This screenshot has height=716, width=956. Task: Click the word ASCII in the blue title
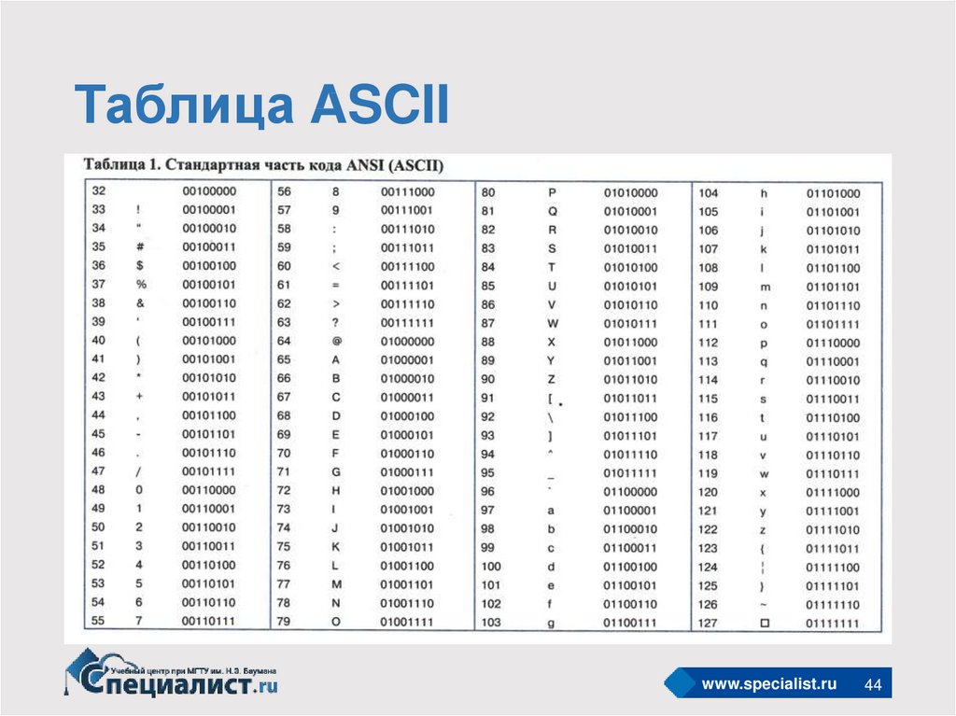pyautogui.click(x=380, y=104)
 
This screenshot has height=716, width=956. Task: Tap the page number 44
pyautogui.click(x=873, y=684)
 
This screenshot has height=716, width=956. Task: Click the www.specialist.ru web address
pyautogui.click(x=769, y=683)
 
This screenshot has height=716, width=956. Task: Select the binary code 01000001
pyautogui.click(x=407, y=359)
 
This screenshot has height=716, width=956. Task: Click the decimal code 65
pyautogui.click(x=284, y=359)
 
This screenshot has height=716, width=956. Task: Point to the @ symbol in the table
pyautogui.click(x=336, y=341)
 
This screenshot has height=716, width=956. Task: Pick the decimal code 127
pyautogui.click(x=708, y=623)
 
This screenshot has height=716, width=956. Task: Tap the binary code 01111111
pyautogui.click(x=832, y=624)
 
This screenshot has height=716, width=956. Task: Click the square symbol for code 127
pyautogui.click(x=765, y=623)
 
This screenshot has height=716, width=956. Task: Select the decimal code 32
pyautogui.click(x=99, y=190)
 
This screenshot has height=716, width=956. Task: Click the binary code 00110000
pyautogui.click(x=208, y=490)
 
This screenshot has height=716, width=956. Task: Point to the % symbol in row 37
pyautogui.click(x=142, y=284)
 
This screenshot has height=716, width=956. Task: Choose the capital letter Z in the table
pyautogui.click(x=551, y=379)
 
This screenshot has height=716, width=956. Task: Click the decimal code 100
pyautogui.click(x=491, y=566)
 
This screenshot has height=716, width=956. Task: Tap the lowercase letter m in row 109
pyautogui.click(x=766, y=288)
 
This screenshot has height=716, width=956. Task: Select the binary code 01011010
pyautogui.click(x=630, y=379)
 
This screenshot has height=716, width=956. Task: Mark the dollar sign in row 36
pyautogui.click(x=140, y=265)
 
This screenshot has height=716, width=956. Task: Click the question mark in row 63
pyautogui.click(x=335, y=323)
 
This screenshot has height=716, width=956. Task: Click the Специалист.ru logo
pyautogui.click(x=171, y=674)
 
